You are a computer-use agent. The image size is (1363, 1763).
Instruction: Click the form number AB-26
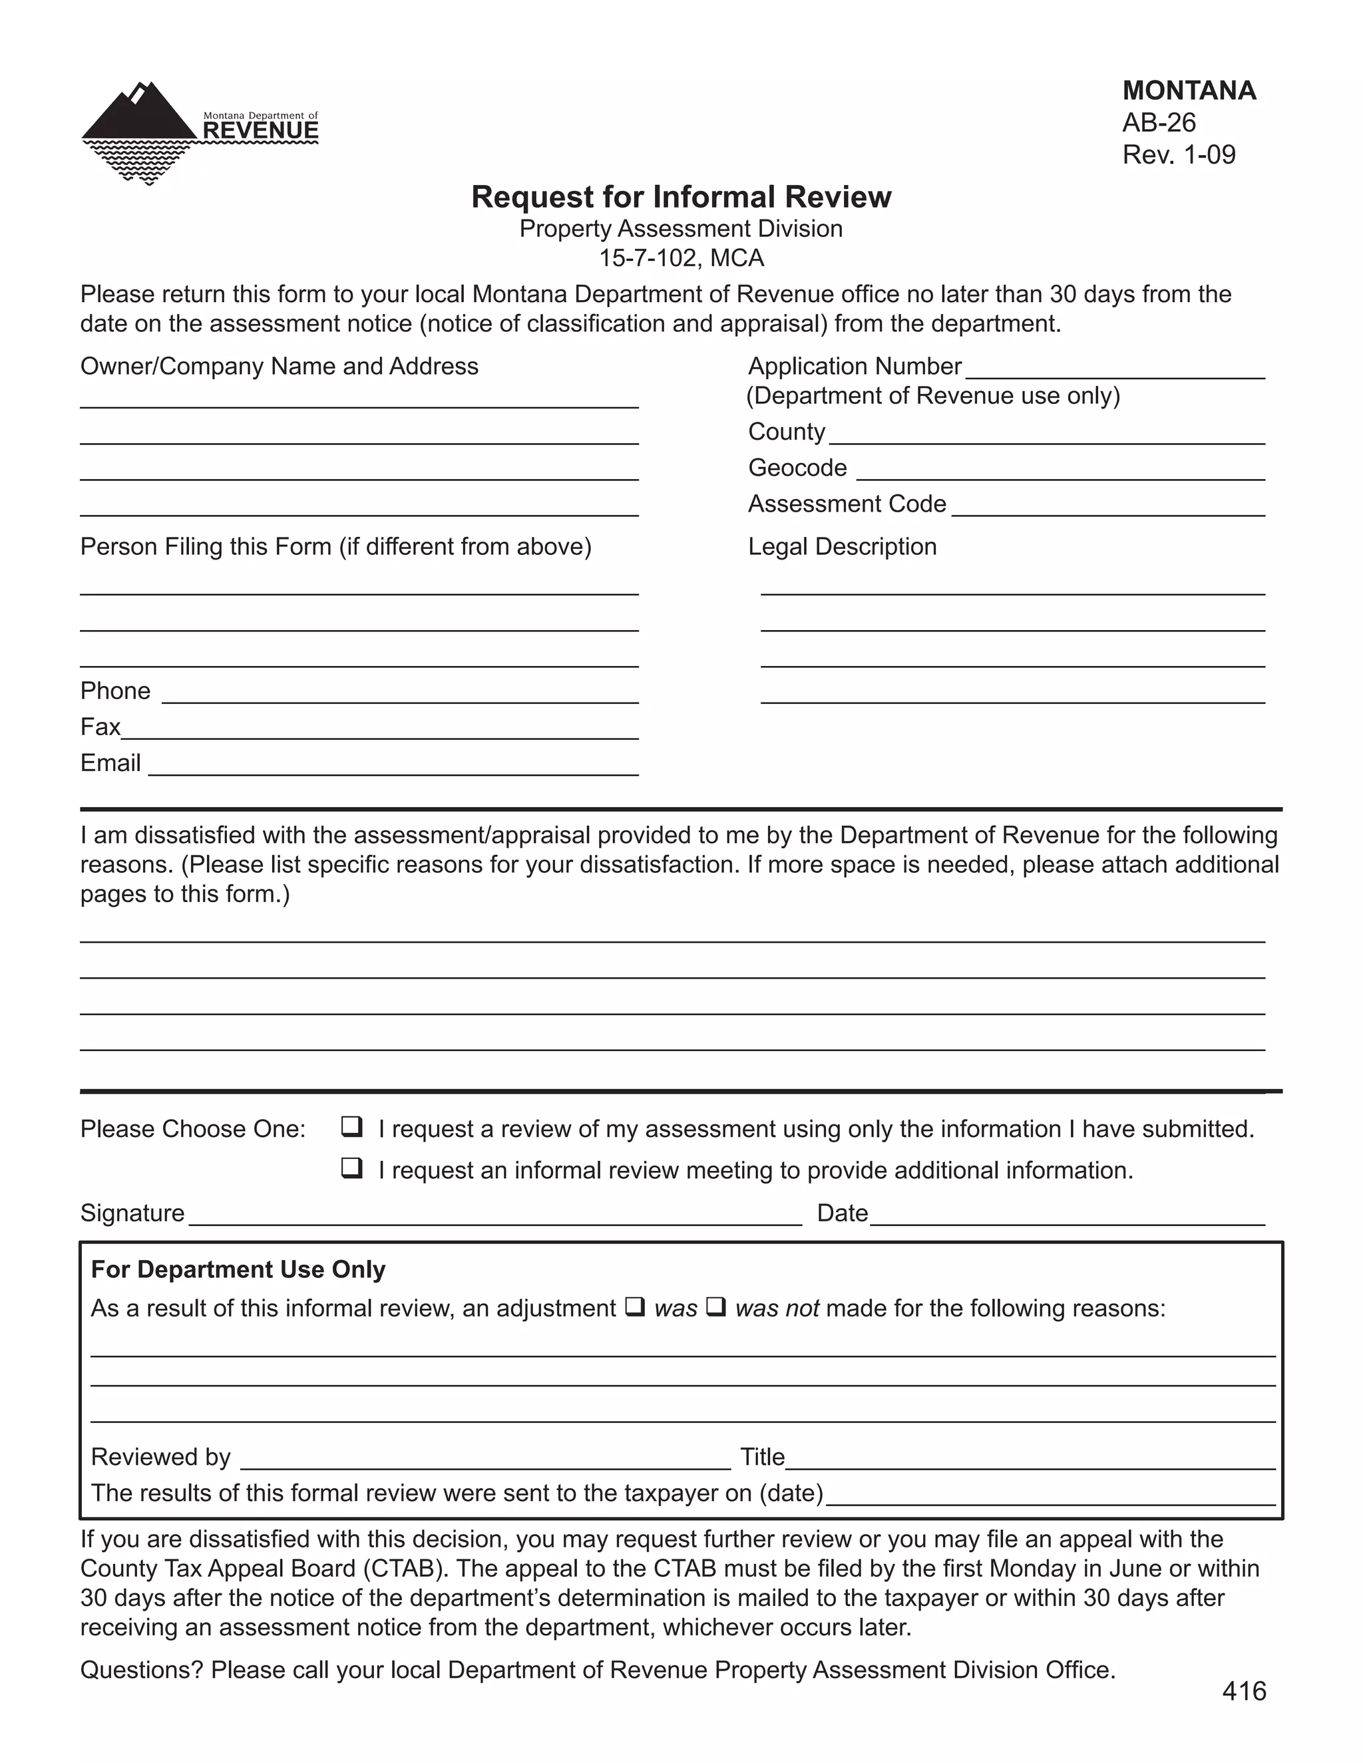[x=1159, y=122]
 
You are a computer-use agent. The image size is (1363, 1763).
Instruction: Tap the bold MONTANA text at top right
[x=1189, y=90]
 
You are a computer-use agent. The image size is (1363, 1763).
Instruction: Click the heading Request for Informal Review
[x=681, y=197]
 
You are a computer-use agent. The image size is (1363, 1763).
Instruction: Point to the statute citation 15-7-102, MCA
[x=681, y=258]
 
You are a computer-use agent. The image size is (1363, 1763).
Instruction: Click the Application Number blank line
[x=1114, y=371]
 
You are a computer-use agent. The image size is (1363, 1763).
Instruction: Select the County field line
[x=1046, y=436]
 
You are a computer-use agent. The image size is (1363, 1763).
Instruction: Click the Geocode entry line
[x=1060, y=473]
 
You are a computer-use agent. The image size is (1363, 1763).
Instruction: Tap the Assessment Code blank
[x=1108, y=508]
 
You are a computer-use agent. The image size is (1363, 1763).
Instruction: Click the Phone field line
[x=400, y=696]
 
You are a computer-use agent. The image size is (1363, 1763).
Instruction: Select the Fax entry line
[x=379, y=732]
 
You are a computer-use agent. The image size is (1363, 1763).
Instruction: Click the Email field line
[x=393, y=768]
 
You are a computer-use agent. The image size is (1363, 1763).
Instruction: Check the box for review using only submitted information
[x=351, y=1127]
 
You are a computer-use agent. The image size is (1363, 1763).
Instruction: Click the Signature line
[x=494, y=1217]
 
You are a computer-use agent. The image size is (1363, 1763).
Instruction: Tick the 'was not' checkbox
[x=715, y=1306]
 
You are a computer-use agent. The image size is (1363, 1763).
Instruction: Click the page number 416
[x=1243, y=1691]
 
